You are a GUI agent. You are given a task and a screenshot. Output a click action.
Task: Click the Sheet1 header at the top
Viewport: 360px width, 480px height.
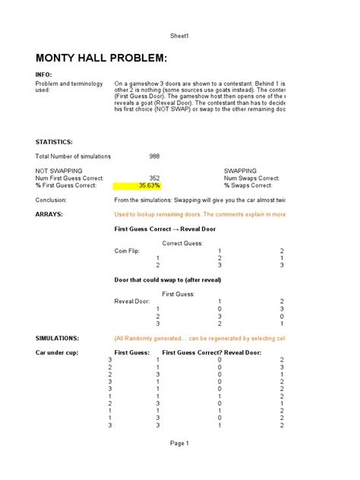[179, 36]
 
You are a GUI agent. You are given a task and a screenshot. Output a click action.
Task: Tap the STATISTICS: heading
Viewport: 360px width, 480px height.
[55, 142]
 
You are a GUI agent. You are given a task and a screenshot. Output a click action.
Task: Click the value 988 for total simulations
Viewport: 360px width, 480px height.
[155, 156]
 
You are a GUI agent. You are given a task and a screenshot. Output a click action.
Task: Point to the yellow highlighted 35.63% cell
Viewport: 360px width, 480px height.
[137, 185]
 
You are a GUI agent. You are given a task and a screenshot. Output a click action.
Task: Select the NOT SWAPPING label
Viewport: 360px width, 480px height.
[59, 171]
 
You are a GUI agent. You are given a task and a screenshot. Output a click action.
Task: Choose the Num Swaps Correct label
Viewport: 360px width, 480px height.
[251, 178]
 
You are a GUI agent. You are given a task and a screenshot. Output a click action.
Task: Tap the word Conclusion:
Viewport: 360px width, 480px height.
[52, 200]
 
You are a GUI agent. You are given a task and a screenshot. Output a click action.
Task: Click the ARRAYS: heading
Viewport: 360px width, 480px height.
[49, 214]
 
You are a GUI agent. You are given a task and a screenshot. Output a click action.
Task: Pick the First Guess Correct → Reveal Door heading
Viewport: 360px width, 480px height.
[165, 229]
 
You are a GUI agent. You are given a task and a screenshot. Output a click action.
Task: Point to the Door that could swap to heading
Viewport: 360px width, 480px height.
[167, 279]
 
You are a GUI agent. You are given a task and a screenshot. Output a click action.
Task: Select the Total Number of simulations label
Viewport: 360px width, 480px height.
[74, 156]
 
